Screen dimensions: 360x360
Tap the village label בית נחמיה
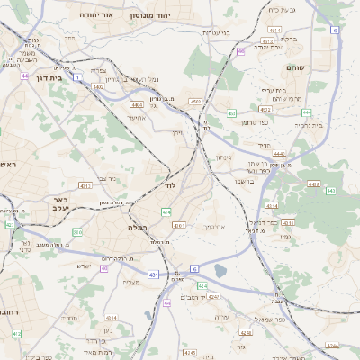pyautogui.click(x=307, y=125)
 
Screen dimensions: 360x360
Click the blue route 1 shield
pyautogui.click(x=78, y=77)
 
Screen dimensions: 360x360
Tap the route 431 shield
pyautogui.click(x=154, y=274)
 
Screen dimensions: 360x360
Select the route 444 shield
pyautogui.click(x=306, y=112)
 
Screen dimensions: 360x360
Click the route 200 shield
pyautogui.click(x=77, y=232)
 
